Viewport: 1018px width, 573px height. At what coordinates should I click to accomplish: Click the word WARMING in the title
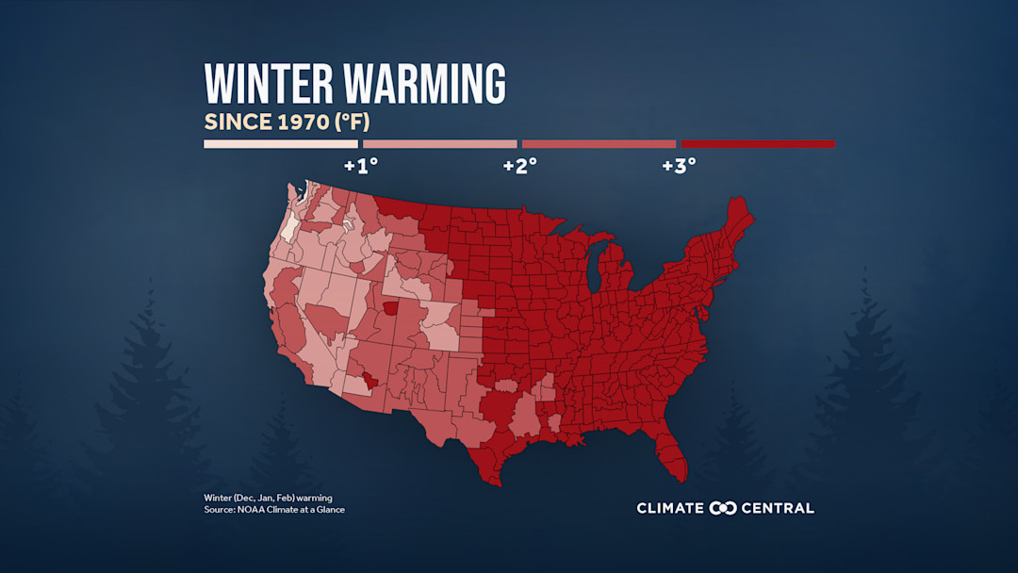pos(424,85)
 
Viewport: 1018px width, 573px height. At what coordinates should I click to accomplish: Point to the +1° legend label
pos(360,166)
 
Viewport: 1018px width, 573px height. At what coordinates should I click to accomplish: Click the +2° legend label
pos(519,166)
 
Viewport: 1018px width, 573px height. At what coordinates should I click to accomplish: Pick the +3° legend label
pos(679,166)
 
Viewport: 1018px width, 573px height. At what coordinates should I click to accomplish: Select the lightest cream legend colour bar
pos(281,144)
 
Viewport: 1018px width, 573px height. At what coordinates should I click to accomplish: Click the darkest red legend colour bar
pos(758,144)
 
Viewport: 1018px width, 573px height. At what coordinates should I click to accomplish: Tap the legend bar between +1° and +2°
pos(440,144)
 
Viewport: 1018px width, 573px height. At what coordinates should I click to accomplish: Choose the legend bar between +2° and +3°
pos(599,144)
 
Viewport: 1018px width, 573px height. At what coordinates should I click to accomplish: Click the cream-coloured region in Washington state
pos(287,227)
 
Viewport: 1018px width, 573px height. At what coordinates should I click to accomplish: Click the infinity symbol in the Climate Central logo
pos(723,508)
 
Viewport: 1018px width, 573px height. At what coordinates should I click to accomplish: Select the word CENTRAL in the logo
pos(778,508)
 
